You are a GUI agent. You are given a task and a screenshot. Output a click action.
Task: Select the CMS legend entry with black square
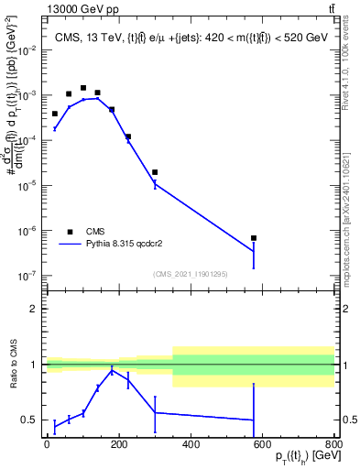pos(83,232)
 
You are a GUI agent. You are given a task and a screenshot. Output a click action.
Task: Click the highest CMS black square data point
pos(83,88)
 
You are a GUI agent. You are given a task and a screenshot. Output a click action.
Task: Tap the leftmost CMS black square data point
pos(55,114)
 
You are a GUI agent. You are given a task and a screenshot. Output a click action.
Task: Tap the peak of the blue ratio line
pos(112,370)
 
